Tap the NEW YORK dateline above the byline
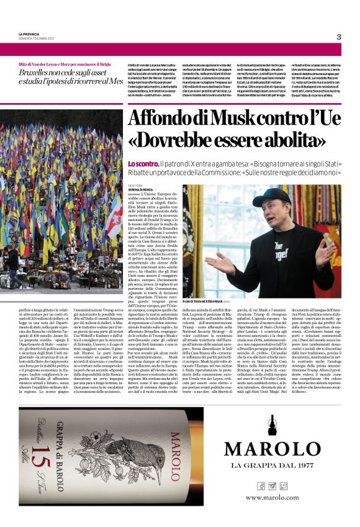click(x=136, y=185)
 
